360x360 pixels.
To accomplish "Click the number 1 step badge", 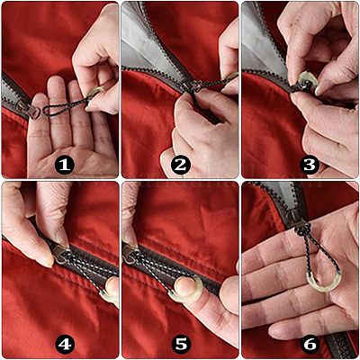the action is (65, 165).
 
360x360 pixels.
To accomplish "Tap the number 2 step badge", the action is (181, 165).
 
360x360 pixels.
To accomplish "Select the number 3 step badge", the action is (310, 165).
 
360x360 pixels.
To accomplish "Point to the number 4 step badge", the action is (65, 345).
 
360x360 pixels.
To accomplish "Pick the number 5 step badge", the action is (181, 345).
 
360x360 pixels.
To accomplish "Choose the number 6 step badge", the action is (310, 345).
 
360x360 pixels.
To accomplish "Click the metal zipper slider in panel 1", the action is (30, 110).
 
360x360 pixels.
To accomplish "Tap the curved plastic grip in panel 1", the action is (95, 93).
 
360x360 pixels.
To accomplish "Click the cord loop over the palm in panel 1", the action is (65, 107).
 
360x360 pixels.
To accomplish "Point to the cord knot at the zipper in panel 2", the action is (194, 86).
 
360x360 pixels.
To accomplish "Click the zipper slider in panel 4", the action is (61, 254).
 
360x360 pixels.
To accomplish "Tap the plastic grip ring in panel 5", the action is (186, 289).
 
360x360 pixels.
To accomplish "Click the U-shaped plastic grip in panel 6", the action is (324, 281).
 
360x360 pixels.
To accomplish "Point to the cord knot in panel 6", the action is (301, 229).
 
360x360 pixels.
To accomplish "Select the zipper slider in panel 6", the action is (294, 219).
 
